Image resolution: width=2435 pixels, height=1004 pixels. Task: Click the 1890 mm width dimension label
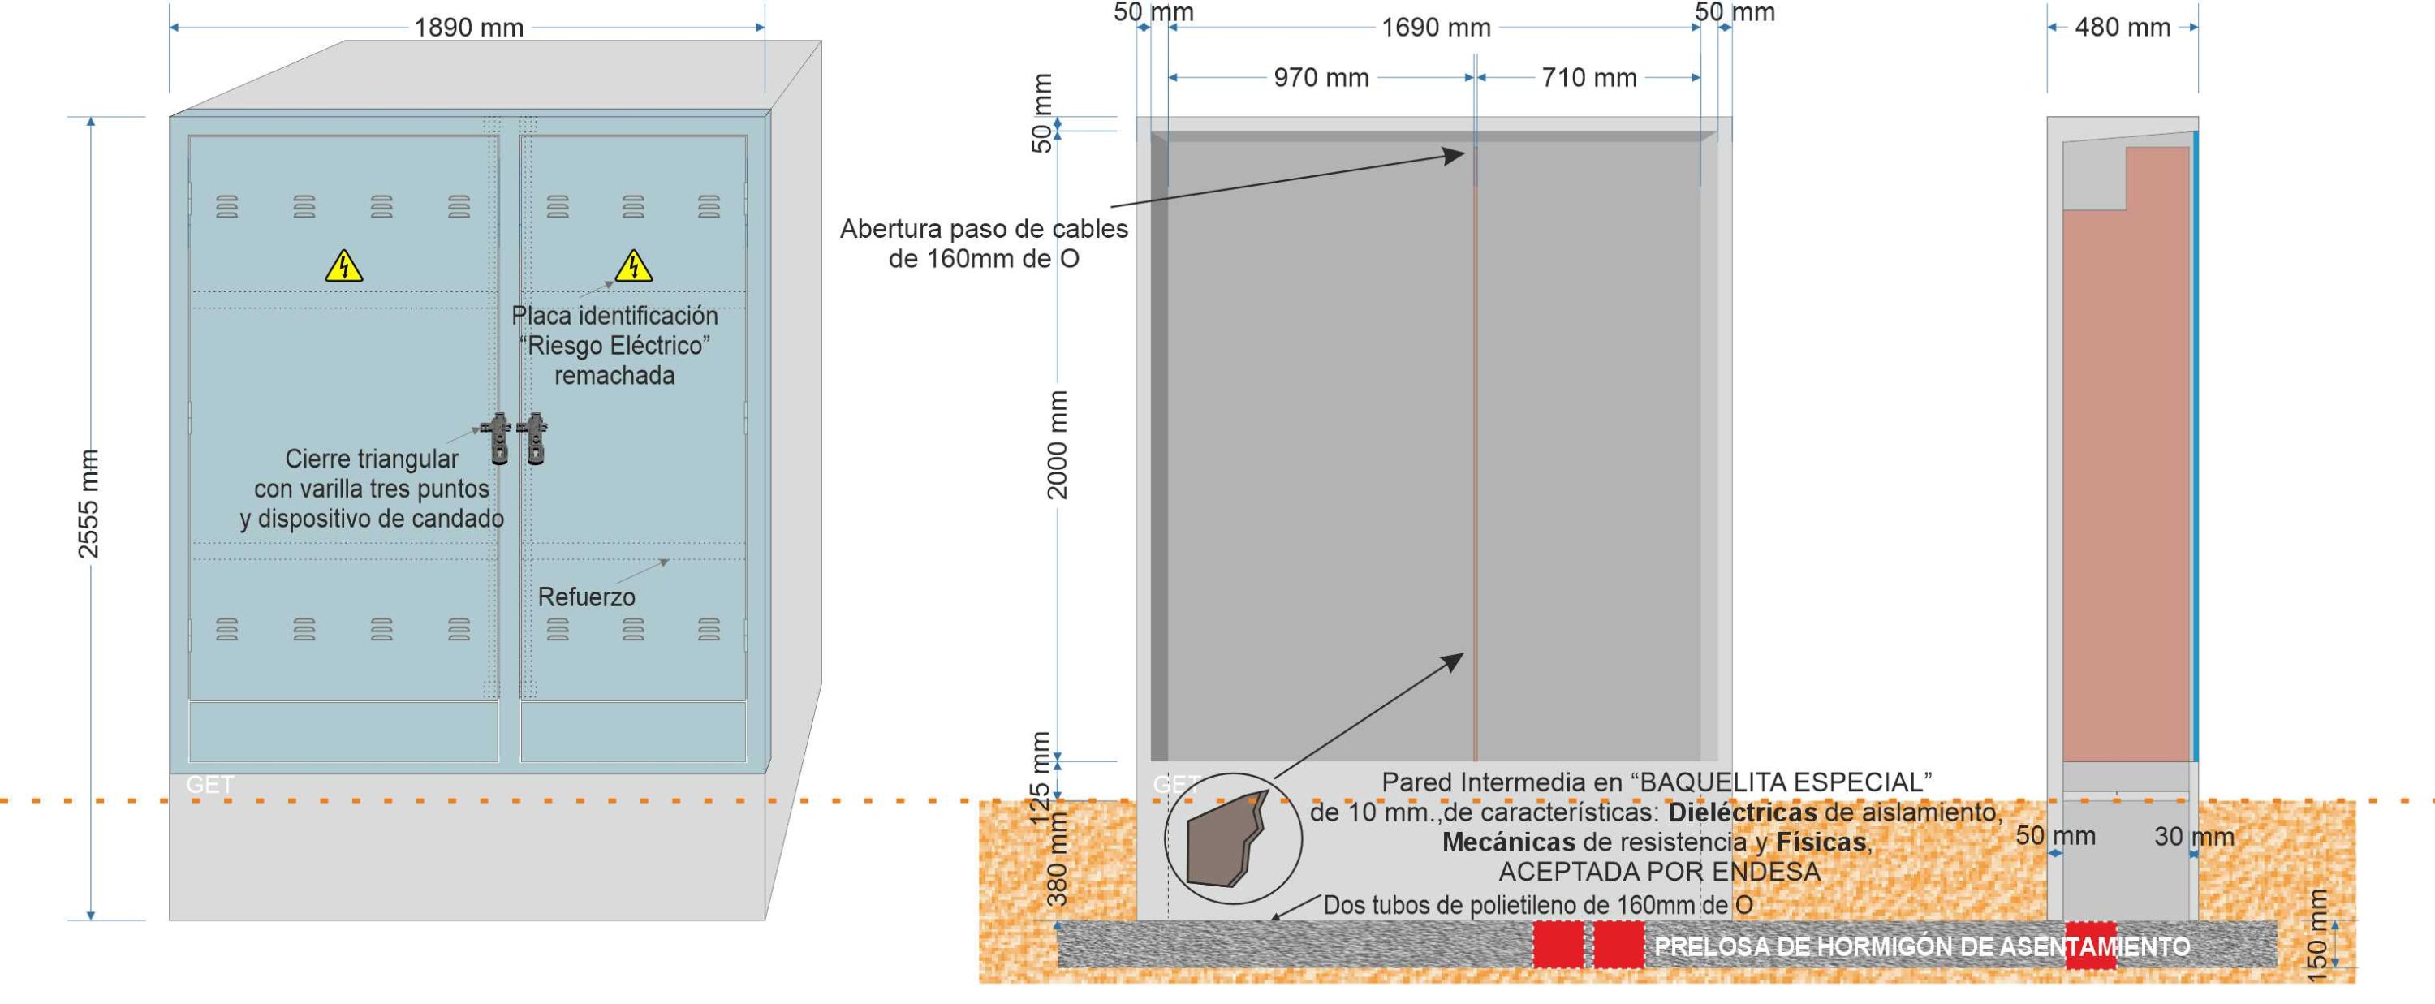(x=469, y=28)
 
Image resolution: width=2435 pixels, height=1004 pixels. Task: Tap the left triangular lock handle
(x=498, y=437)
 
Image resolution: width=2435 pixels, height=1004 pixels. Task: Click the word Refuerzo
(x=586, y=597)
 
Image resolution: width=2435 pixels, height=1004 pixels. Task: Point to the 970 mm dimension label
(x=1321, y=78)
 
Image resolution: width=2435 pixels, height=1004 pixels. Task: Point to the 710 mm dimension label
(x=1589, y=78)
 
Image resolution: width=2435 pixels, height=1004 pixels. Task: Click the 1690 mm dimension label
(x=1436, y=28)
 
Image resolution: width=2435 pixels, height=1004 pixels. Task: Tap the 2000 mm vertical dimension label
(x=1057, y=444)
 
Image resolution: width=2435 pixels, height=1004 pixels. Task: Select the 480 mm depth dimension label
(x=2123, y=28)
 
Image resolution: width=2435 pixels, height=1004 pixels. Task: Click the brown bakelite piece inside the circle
(x=1224, y=840)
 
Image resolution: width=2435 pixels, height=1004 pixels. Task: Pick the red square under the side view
(x=2090, y=946)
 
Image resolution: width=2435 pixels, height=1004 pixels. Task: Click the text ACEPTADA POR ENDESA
(x=1659, y=872)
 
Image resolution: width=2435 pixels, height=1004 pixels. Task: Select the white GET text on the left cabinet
(x=210, y=784)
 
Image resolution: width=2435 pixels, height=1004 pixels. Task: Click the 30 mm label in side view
(x=2194, y=837)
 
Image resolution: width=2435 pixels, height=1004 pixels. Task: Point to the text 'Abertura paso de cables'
(x=983, y=229)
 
